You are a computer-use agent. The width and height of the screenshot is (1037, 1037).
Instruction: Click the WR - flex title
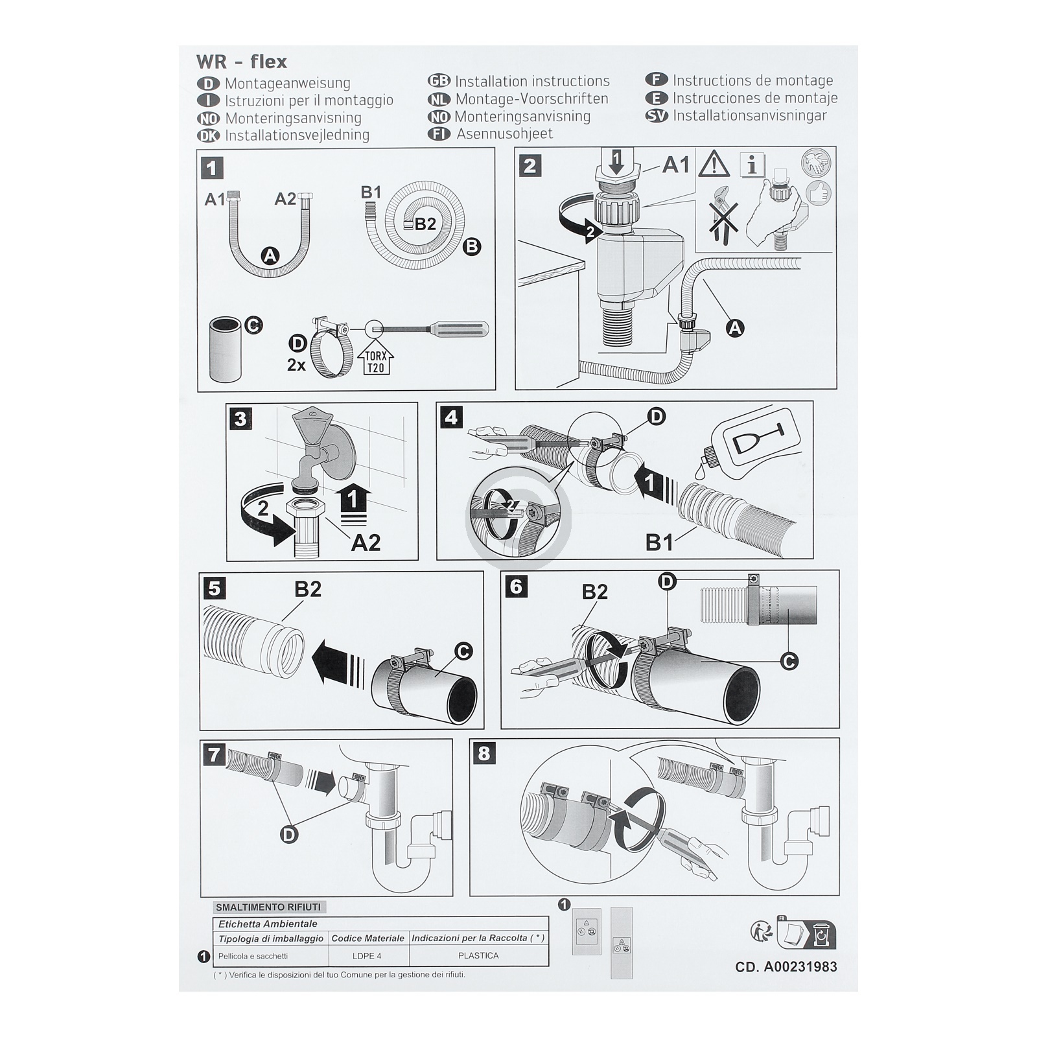pyautogui.click(x=241, y=62)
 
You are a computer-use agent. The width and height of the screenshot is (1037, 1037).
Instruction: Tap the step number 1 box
pyautogui.click(x=211, y=169)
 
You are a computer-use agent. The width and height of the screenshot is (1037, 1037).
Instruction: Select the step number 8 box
pyautogui.click(x=484, y=753)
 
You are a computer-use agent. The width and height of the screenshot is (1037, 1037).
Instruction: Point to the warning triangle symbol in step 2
pyautogui.click(x=714, y=164)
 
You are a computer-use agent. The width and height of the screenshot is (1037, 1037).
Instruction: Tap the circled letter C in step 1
pyautogui.click(x=253, y=324)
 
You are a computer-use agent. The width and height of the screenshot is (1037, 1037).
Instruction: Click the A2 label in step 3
pyautogui.click(x=365, y=542)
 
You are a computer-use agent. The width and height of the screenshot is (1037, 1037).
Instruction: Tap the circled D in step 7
pyautogui.click(x=289, y=834)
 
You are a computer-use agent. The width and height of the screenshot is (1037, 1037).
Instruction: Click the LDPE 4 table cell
pyautogui.click(x=367, y=956)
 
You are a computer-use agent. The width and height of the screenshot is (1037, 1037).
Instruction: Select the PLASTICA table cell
pyautogui.click(x=478, y=956)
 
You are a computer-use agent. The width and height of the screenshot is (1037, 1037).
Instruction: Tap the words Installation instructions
pyautogui.click(x=532, y=81)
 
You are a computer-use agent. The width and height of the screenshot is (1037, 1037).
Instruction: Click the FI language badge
pyautogui.click(x=439, y=134)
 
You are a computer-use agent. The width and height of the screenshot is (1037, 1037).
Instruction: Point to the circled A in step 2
pyautogui.click(x=734, y=329)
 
